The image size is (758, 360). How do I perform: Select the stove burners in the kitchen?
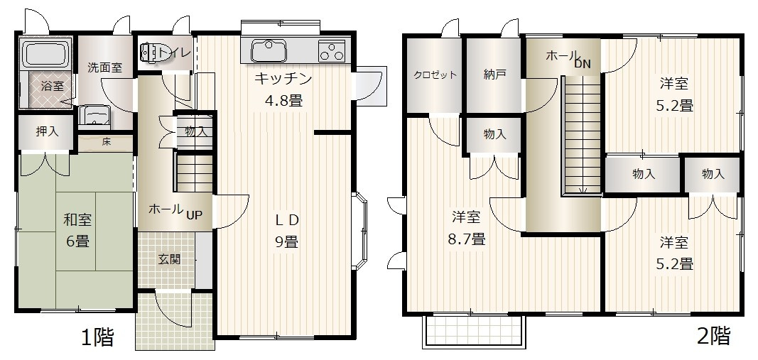click(x=331, y=50)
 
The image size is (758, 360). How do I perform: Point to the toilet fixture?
click(x=152, y=53)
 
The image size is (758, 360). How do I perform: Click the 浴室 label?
click(x=52, y=86)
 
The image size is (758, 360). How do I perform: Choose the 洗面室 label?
click(x=104, y=68)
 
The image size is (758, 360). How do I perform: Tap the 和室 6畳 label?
click(x=77, y=230)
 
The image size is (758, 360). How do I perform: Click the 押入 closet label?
click(x=48, y=133)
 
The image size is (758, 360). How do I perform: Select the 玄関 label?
click(x=168, y=258)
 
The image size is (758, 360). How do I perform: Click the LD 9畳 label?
click(x=286, y=230)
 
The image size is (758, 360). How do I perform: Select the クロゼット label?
click(x=435, y=75)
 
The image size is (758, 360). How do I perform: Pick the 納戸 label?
click(x=494, y=75)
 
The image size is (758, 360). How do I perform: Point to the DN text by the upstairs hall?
click(x=583, y=64)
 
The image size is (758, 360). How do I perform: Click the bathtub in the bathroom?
click(x=45, y=53)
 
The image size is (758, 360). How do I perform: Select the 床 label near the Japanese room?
click(x=106, y=141)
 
